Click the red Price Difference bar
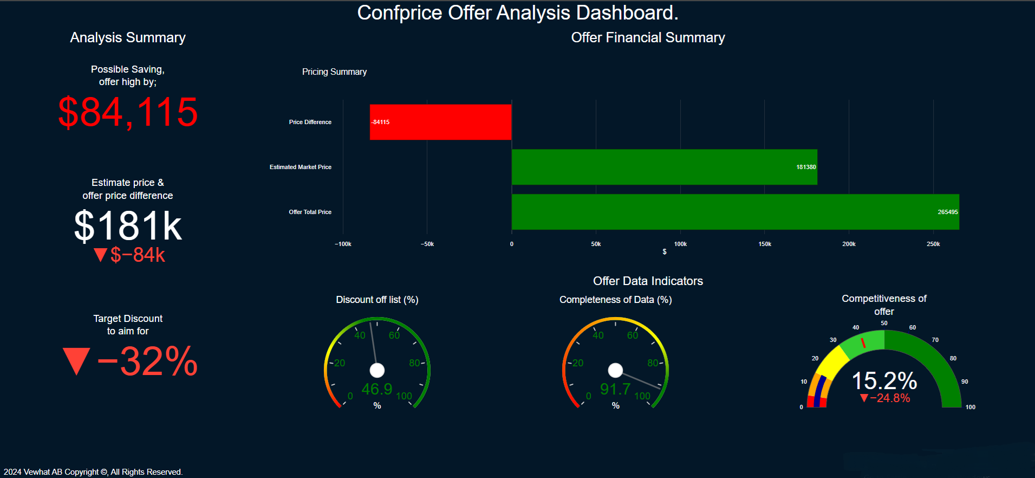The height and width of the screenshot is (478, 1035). tap(440, 122)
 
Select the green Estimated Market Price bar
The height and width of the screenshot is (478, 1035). tap(664, 167)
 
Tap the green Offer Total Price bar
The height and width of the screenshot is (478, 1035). tap(735, 212)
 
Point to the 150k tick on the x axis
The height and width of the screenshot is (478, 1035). tap(765, 244)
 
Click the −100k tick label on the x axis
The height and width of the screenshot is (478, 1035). tap(343, 244)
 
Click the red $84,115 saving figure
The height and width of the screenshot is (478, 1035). tap(128, 112)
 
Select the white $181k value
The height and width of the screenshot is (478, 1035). tap(128, 225)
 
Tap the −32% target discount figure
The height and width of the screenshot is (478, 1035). tap(130, 361)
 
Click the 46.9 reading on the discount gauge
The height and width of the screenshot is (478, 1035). tap(376, 389)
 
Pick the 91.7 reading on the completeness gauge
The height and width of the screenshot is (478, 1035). tap(615, 389)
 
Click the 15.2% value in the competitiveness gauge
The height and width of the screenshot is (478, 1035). tap(884, 380)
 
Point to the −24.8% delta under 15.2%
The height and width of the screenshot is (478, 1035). tap(885, 398)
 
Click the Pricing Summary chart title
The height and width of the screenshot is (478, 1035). tap(334, 72)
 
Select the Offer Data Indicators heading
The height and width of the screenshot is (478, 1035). tap(648, 281)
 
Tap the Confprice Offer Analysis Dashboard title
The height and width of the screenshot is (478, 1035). tap(517, 12)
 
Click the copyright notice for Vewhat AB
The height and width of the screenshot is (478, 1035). tap(93, 472)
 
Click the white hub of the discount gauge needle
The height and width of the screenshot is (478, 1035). tap(377, 370)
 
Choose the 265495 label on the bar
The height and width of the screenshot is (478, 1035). tap(947, 212)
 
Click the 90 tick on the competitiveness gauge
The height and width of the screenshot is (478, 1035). tap(965, 382)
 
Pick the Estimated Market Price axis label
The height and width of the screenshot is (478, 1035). tap(301, 167)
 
